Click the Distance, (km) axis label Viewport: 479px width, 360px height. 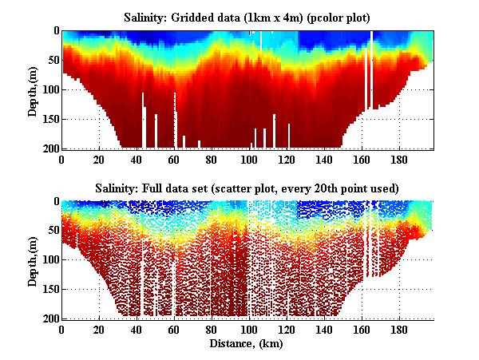(247, 344)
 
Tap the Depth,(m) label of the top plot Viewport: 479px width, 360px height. (33, 89)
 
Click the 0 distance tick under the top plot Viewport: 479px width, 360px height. (62, 158)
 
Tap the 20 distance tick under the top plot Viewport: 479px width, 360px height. (100, 158)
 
